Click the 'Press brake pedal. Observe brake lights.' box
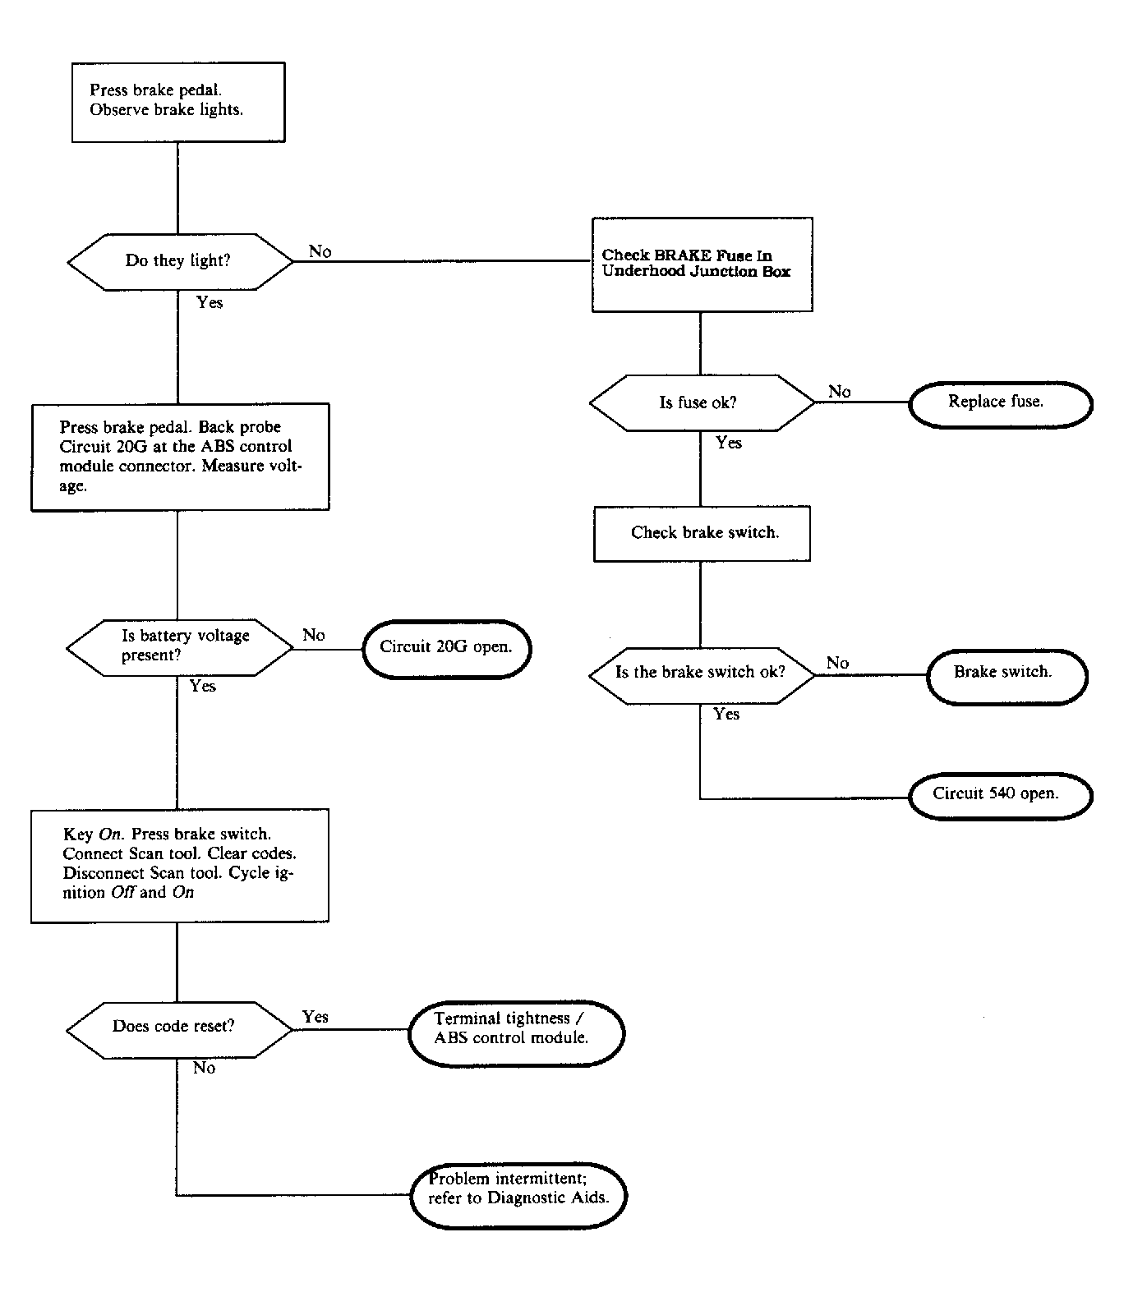(x=178, y=102)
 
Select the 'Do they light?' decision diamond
(x=179, y=261)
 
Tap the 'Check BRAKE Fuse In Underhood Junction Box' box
(x=702, y=264)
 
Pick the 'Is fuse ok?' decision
(x=701, y=402)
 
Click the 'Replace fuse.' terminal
(x=1000, y=402)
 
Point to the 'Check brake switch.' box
(x=702, y=533)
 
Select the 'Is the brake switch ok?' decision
(x=701, y=673)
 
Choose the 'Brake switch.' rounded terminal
(x=1006, y=673)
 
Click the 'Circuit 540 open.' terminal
(x=1000, y=794)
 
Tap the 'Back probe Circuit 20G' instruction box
(x=180, y=457)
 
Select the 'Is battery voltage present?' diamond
(x=179, y=647)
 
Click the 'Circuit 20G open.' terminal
(x=446, y=648)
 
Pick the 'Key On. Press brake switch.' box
(x=179, y=865)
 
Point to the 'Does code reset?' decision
(x=178, y=1027)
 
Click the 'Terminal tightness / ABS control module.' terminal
(x=515, y=1030)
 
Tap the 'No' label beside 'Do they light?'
(x=320, y=251)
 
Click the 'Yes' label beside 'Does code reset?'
(x=315, y=1017)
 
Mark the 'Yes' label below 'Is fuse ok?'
(x=728, y=443)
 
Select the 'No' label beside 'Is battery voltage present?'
(x=313, y=635)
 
